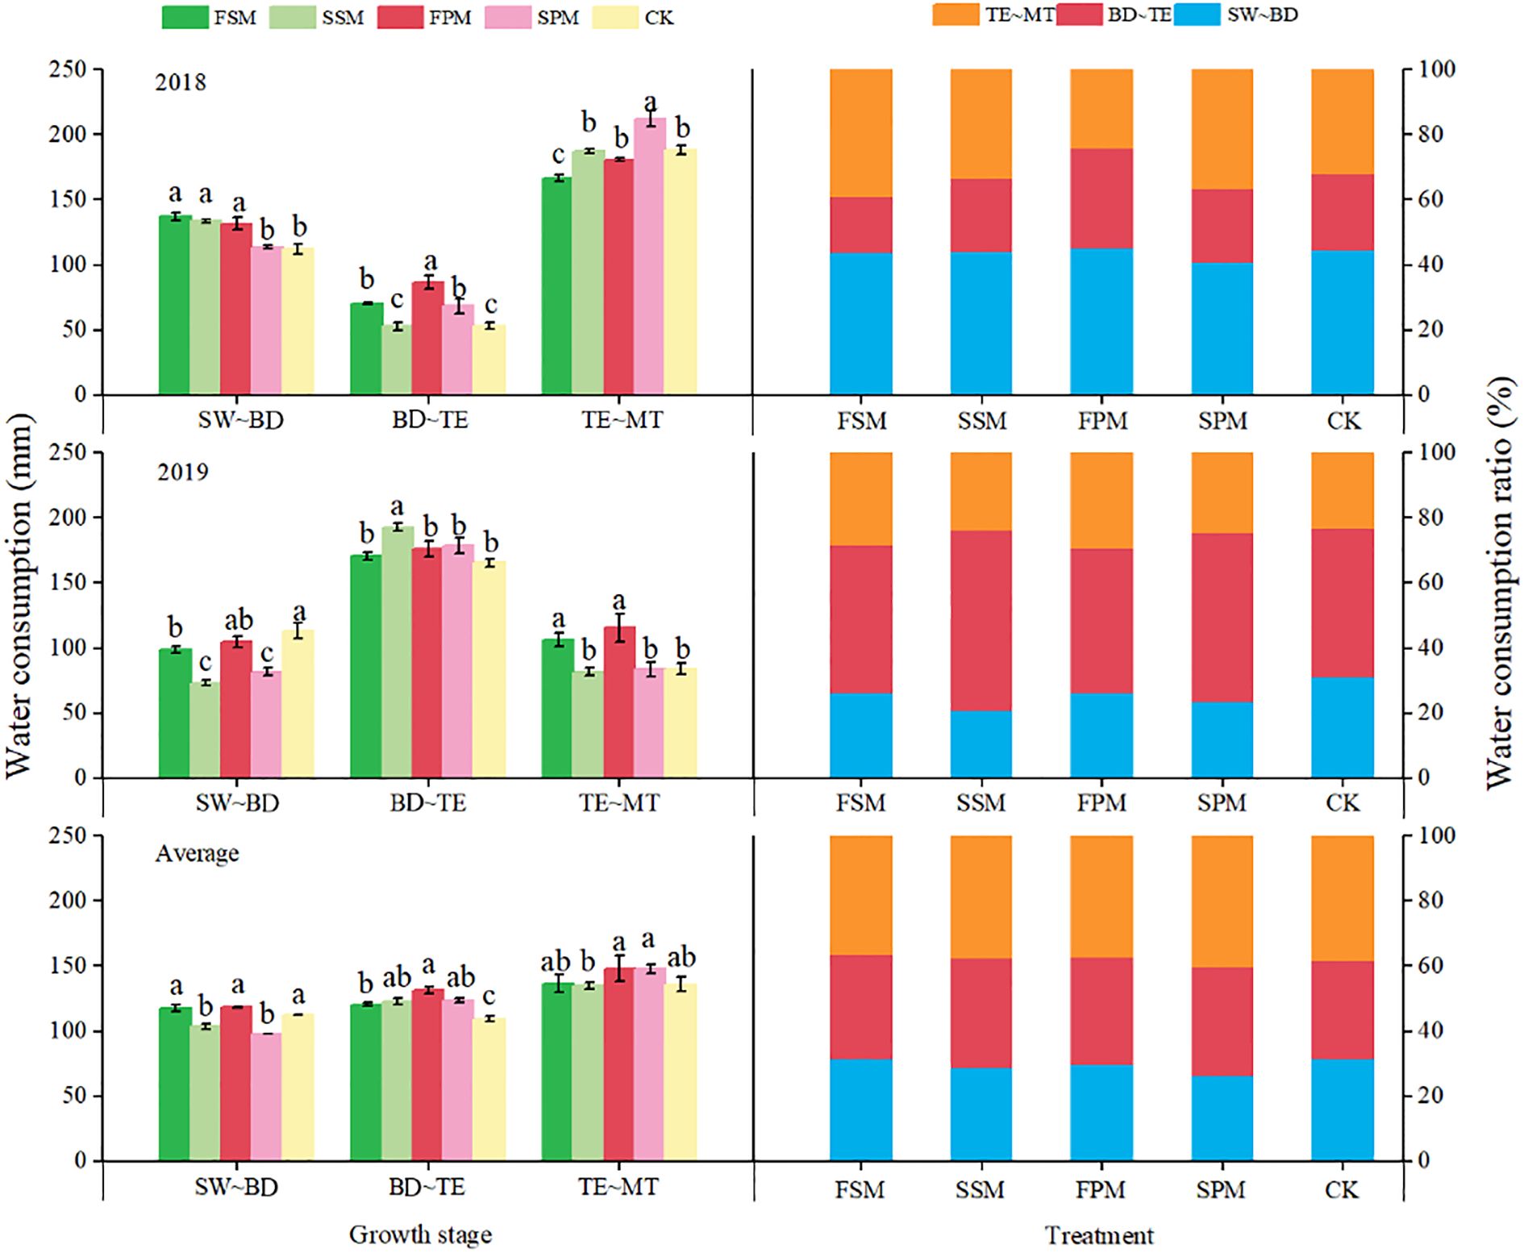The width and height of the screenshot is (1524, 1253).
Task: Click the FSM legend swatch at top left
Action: tap(185, 17)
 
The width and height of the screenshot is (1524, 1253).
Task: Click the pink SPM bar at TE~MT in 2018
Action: tap(649, 256)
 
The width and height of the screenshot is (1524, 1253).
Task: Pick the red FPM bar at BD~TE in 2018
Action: tap(427, 339)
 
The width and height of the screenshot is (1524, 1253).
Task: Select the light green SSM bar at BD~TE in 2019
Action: tap(397, 653)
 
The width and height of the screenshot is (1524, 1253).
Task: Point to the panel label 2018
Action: tap(181, 82)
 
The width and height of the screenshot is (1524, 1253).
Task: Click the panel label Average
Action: tap(197, 853)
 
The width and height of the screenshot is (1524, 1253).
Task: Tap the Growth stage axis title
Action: tap(420, 1234)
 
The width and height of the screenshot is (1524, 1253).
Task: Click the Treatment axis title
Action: tap(1099, 1235)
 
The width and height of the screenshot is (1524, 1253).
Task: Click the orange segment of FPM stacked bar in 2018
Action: tap(1101, 109)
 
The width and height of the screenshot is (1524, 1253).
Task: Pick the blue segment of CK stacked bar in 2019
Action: tap(1342, 727)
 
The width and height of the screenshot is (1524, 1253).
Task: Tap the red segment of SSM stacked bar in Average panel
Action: tap(981, 1013)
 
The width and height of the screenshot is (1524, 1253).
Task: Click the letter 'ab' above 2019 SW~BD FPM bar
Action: tap(238, 620)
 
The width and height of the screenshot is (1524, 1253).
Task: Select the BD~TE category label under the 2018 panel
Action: tap(430, 420)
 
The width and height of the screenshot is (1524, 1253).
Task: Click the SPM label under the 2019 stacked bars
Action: tap(1222, 803)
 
